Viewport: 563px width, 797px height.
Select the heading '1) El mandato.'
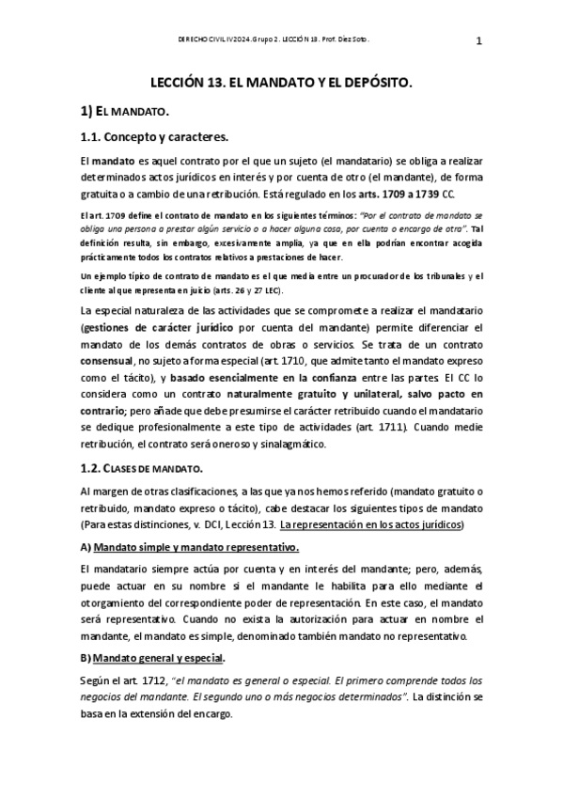(125, 112)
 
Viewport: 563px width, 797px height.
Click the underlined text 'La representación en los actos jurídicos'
(385, 524)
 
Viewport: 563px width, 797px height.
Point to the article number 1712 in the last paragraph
(154, 680)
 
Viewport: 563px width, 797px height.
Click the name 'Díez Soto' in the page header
(350, 40)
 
